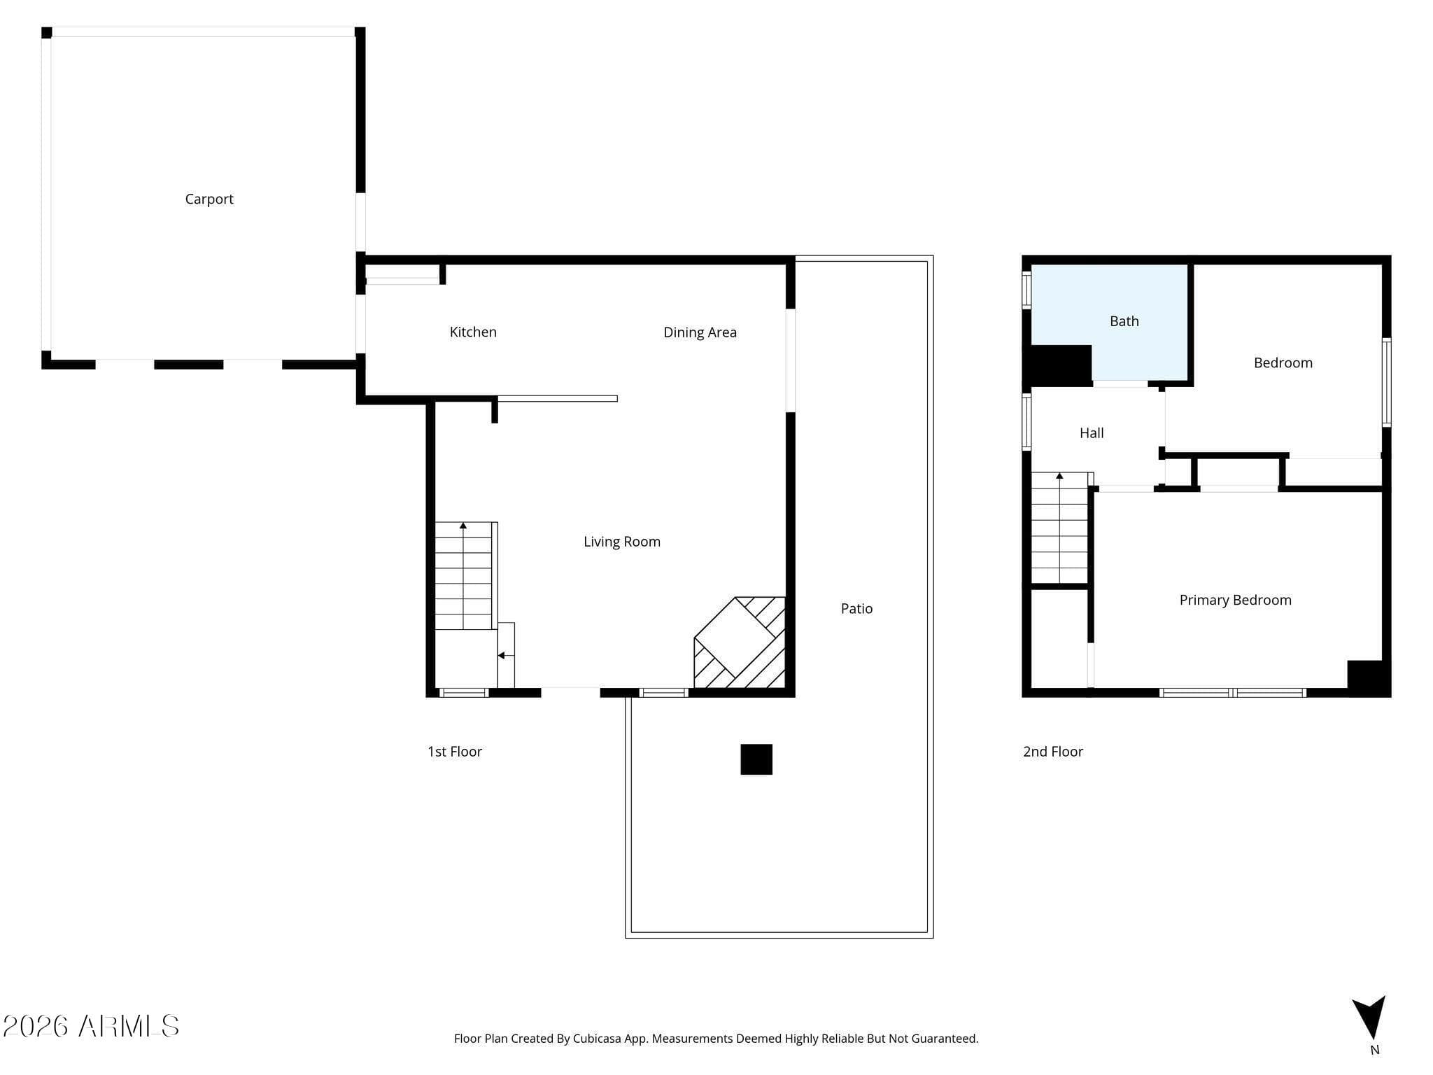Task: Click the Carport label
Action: (x=209, y=199)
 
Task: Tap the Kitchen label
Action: (x=473, y=332)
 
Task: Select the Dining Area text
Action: (x=700, y=332)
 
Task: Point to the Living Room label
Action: (x=622, y=542)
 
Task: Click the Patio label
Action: (x=856, y=609)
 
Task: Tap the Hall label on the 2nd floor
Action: (x=1092, y=433)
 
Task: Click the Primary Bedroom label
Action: (x=1236, y=600)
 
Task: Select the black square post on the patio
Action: (x=756, y=759)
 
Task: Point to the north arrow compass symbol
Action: (x=1370, y=1018)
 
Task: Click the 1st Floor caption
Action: (x=455, y=752)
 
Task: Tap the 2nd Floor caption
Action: (x=1053, y=752)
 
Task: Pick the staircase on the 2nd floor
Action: (x=1060, y=528)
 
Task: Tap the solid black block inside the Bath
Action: (x=1061, y=365)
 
